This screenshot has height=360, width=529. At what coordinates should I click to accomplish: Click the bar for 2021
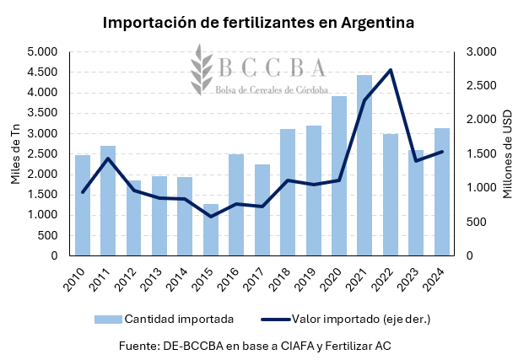tap(364, 165)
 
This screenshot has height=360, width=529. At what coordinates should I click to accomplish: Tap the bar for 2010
tap(83, 205)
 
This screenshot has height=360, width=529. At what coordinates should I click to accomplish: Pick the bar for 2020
tap(339, 175)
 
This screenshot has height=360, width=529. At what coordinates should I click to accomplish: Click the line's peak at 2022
tap(391, 70)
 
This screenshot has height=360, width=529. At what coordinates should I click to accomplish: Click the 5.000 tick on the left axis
tap(42, 52)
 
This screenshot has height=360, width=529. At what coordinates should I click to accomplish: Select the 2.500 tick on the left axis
tap(42, 153)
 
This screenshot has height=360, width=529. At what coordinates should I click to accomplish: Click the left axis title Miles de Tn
tap(14, 154)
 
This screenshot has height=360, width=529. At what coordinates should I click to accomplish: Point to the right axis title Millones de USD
tap(508, 154)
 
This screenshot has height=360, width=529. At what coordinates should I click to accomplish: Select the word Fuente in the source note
tap(139, 345)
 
